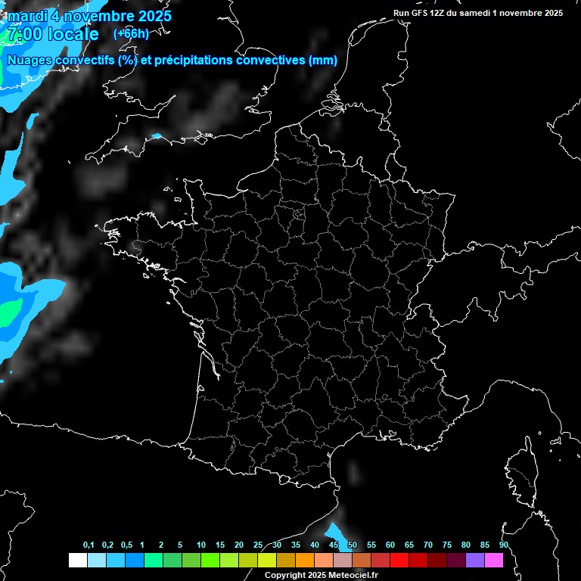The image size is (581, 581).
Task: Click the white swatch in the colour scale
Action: point(77,560)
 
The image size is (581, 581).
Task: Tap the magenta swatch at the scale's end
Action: point(494,560)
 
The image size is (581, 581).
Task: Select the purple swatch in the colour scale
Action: point(475,560)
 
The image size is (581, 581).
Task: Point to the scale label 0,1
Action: point(89,545)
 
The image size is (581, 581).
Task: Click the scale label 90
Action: point(504,545)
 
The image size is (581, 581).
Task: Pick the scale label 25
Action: point(258,545)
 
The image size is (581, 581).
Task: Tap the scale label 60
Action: point(390,545)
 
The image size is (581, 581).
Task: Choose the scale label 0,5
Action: point(126,545)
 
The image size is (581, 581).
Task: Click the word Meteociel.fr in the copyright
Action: point(353,576)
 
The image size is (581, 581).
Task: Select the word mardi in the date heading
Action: point(29,16)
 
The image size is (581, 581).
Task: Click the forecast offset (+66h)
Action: point(131,33)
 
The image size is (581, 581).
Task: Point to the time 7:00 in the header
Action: point(24,34)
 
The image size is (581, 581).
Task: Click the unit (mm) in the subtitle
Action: point(323,61)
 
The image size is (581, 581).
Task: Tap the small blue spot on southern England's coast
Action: point(157,137)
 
